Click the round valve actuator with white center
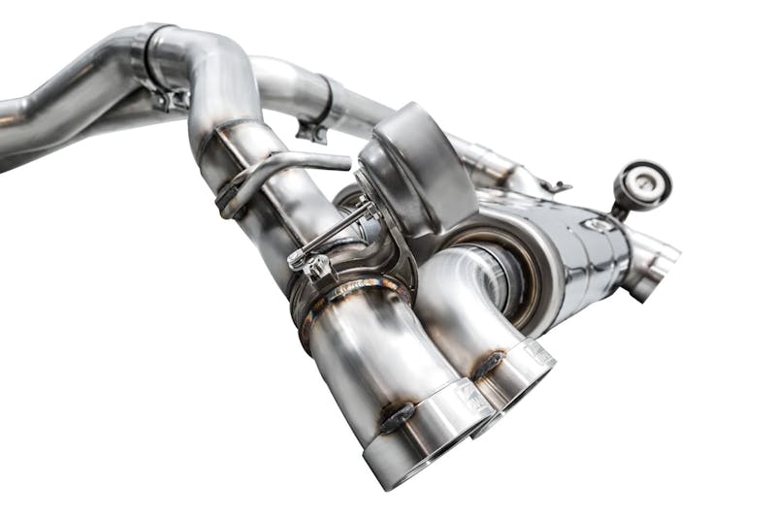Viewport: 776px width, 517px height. click(641, 184)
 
